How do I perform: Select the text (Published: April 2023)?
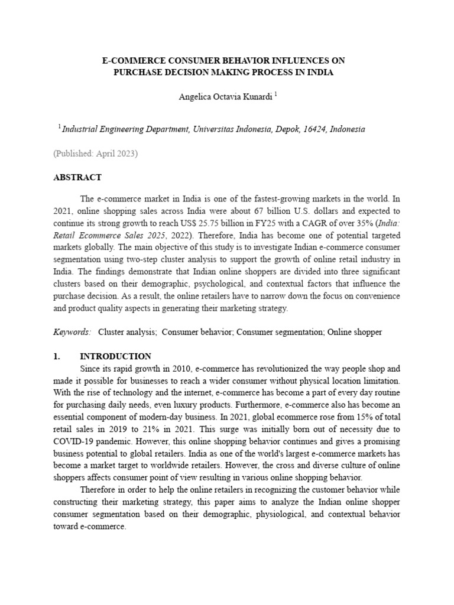95,154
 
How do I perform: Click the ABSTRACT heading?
78,177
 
